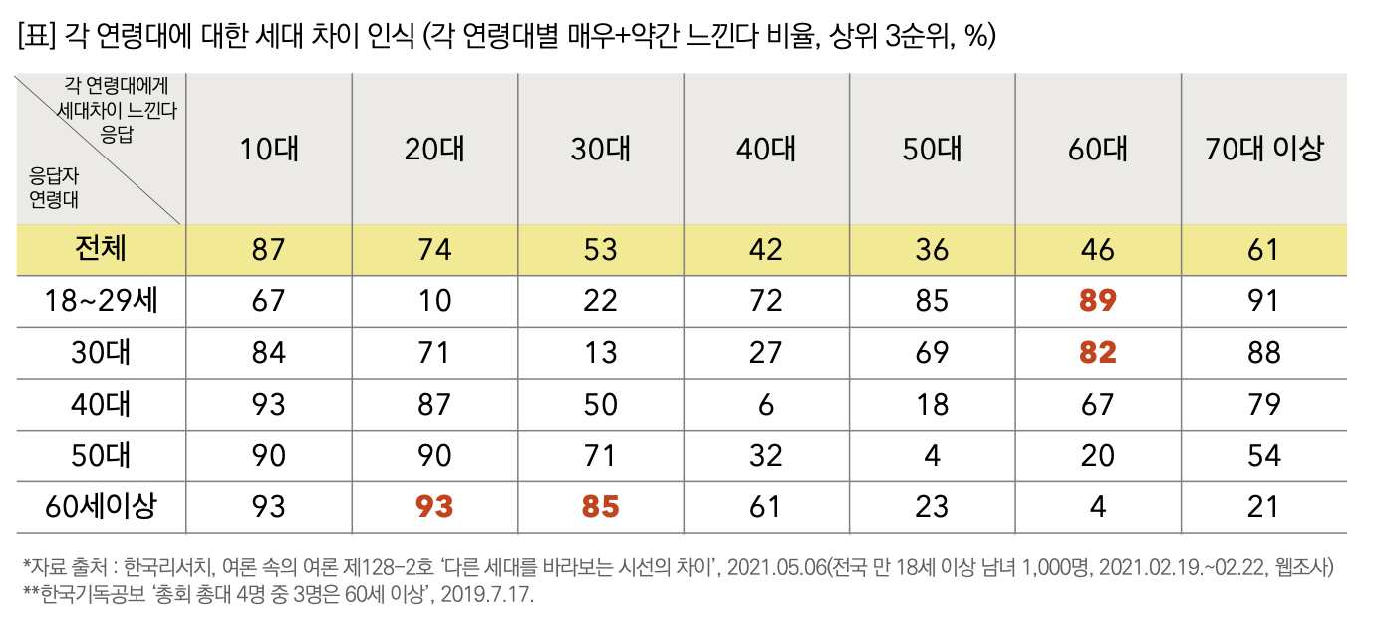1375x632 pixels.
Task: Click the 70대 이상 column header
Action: click(x=1263, y=149)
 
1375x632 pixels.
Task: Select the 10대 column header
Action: click(x=269, y=149)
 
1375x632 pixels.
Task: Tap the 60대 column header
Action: click(x=1098, y=149)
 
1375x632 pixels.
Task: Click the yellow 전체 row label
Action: click(x=101, y=248)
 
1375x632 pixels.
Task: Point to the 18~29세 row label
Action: click(x=101, y=300)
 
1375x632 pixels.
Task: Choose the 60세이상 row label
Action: click(x=101, y=506)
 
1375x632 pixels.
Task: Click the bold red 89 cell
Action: click(x=1098, y=300)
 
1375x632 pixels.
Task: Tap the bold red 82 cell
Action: click(x=1098, y=352)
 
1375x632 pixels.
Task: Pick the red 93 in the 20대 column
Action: click(x=434, y=506)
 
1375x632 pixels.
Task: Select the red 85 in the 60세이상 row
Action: click(x=600, y=506)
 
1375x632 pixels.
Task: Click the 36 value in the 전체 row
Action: click(x=932, y=248)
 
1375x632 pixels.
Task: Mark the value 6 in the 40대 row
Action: click(x=765, y=404)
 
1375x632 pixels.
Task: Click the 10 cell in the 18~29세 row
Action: click(x=434, y=300)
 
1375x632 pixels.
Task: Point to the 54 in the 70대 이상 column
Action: click(x=1263, y=456)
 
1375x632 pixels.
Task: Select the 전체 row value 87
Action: click(x=269, y=248)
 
